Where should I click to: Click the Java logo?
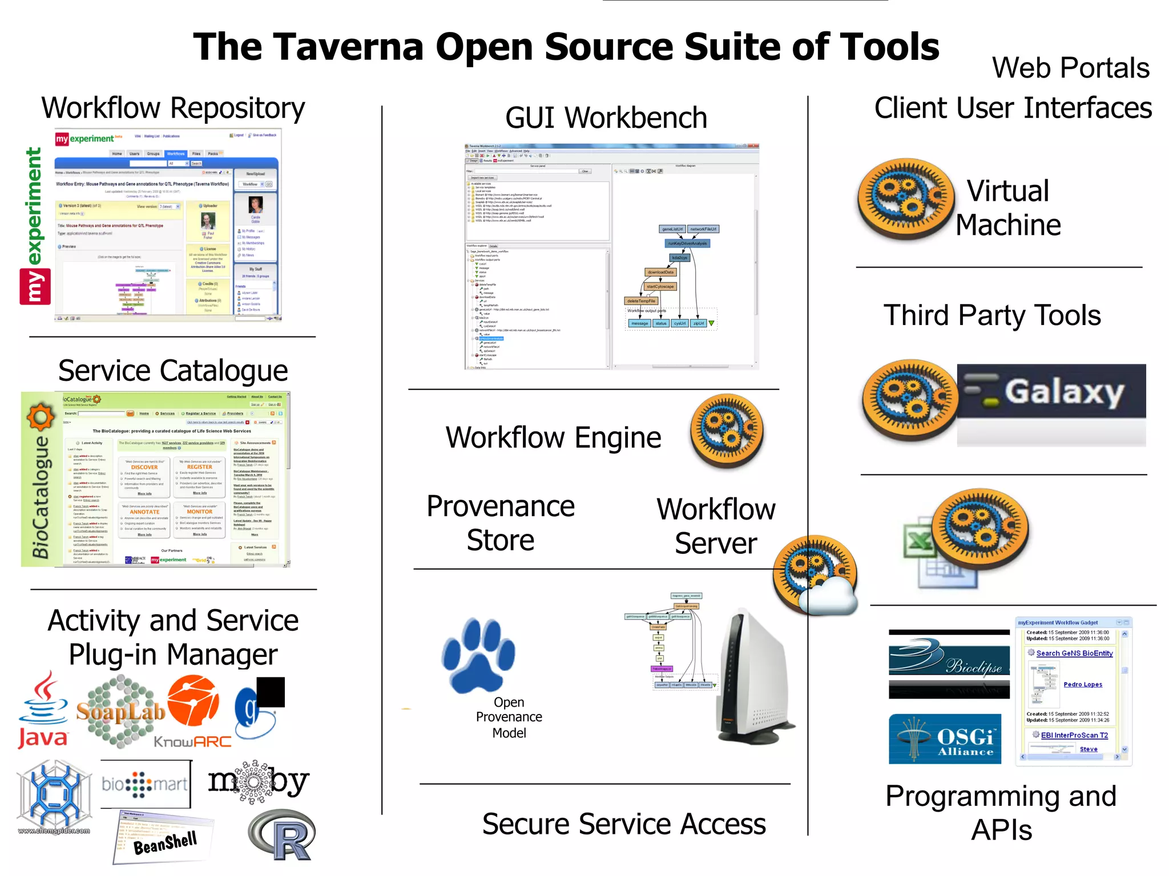click(x=43, y=710)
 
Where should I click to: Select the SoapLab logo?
click(x=120, y=711)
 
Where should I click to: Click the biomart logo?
click(x=145, y=784)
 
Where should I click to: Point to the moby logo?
click(x=258, y=782)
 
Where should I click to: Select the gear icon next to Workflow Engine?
click(x=726, y=430)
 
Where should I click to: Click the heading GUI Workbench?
click(x=606, y=118)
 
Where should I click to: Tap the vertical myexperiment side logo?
click(x=35, y=226)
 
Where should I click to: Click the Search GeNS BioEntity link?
click(x=1074, y=653)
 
